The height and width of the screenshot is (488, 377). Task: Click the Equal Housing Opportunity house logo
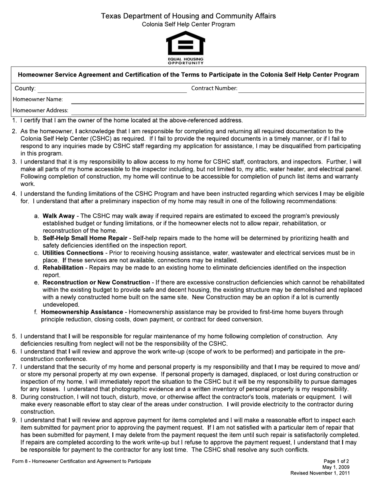(x=185, y=44)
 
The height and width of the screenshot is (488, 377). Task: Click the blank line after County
(x=112, y=89)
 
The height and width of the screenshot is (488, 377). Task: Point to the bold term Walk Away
(x=58, y=216)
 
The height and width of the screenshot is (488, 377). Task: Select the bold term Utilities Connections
(x=73, y=253)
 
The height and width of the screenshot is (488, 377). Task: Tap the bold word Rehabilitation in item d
(x=63, y=268)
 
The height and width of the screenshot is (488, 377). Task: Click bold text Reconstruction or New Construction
(x=96, y=282)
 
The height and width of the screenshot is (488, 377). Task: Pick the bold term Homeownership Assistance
(x=82, y=312)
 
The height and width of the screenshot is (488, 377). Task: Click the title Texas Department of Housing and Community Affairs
(x=188, y=16)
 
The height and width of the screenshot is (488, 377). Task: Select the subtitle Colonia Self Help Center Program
(x=188, y=25)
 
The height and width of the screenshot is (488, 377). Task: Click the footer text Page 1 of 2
(x=337, y=461)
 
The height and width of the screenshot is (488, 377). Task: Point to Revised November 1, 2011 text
(x=320, y=473)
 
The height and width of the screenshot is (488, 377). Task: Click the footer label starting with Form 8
(x=81, y=461)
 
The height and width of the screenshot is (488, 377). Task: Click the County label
(x=25, y=88)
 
